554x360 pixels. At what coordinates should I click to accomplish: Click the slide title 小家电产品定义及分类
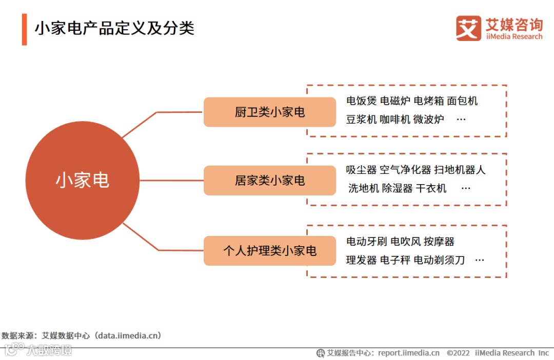[x=114, y=28]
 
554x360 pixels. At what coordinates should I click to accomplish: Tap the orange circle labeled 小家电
[x=83, y=181]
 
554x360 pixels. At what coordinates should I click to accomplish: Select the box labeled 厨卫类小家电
[x=270, y=112]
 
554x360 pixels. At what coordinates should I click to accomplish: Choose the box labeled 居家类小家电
[x=270, y=181]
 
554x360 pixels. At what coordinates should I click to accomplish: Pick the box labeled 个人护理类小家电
[x=270, y=251]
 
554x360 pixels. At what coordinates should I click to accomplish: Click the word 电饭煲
[x=361, y=101]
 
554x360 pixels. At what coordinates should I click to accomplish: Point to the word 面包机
[x=462, y=101]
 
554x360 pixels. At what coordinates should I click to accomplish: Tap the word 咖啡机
[x=395, y=119]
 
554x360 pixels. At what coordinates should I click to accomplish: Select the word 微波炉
[x=429, y=119]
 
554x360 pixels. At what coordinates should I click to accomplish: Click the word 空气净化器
[x=405, y=170]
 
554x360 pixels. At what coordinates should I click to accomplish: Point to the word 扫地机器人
[x=460, y=170]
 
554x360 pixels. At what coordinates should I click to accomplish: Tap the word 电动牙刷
[x=366, y=242]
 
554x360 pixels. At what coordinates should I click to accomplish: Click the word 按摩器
[x=439, y=242]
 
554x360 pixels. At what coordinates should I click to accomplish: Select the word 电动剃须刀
[x=439, y=260]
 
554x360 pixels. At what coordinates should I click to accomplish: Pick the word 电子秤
[x=395, y=260]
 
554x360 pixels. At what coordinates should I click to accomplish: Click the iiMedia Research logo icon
[x=468, y=28]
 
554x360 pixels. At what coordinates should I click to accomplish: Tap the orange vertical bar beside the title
[x=24, y=29]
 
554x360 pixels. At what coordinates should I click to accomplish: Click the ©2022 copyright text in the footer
[x=458, y=353]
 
